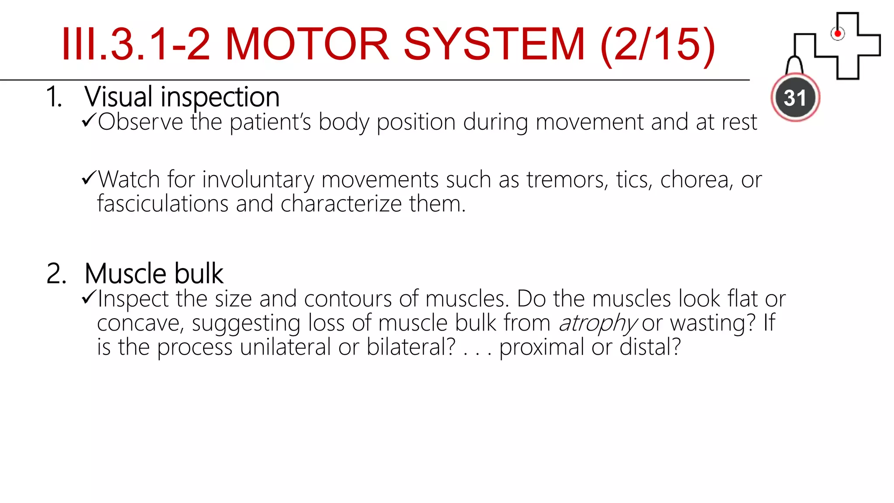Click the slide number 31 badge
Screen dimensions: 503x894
point(795,98)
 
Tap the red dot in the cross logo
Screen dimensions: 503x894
point(837,34)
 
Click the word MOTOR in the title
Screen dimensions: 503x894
point(307,45)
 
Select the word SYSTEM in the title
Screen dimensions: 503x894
point(494,45)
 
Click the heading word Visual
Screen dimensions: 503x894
point(119,97)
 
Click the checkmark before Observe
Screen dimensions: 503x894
point(88,121)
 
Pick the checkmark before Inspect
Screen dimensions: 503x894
point(88,298)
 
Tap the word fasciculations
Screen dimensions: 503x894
point(163,204)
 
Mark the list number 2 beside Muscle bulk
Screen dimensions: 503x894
point(56,274)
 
